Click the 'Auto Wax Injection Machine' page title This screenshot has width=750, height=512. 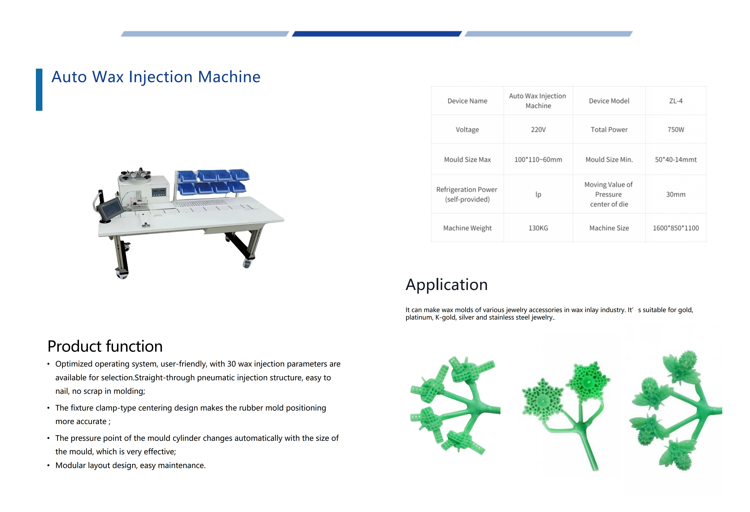tap(156, 77)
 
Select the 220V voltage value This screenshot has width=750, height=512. tap(538, 130)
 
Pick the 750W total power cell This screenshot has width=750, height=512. tap(676, 130)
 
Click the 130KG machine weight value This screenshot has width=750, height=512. tap(538, 228)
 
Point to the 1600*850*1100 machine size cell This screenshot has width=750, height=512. tap(676, 228)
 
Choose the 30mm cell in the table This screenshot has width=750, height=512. tap(676, 194)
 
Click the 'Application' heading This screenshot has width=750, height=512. tap(447, 285)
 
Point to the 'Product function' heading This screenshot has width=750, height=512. tap(105, 346)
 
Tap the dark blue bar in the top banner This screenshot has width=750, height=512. tap(377, 34)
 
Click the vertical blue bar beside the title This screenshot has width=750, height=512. tap(39, 90)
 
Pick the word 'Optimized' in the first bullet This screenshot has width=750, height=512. tap(74, 364)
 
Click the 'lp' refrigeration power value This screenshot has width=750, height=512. tap(538, 194)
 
